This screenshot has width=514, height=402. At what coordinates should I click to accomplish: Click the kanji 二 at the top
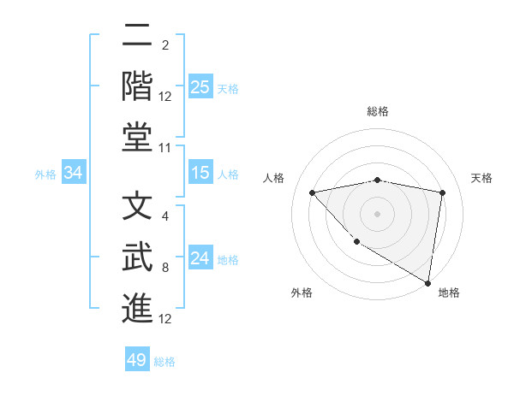pos(137,39)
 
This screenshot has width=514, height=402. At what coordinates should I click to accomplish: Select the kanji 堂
pos(137,137)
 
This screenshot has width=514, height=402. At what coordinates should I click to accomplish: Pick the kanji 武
pos(137,258)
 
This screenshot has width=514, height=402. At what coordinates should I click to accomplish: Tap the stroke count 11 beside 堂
pos(165,148)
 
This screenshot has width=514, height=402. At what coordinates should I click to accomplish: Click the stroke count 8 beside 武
pos(165,268)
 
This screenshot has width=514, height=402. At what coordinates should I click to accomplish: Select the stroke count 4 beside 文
pos(165,217)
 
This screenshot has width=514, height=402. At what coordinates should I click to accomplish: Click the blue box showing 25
pos(200,87)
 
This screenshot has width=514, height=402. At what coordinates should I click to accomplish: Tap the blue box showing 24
pos(200,257)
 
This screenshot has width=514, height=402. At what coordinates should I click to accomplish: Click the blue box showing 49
pos(137,360)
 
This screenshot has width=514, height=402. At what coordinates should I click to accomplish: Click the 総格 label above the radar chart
pos(378,111)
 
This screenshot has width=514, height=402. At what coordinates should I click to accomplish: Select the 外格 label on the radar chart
pos(301,293)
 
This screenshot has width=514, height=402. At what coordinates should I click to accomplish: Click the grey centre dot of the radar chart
pos(378,213)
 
